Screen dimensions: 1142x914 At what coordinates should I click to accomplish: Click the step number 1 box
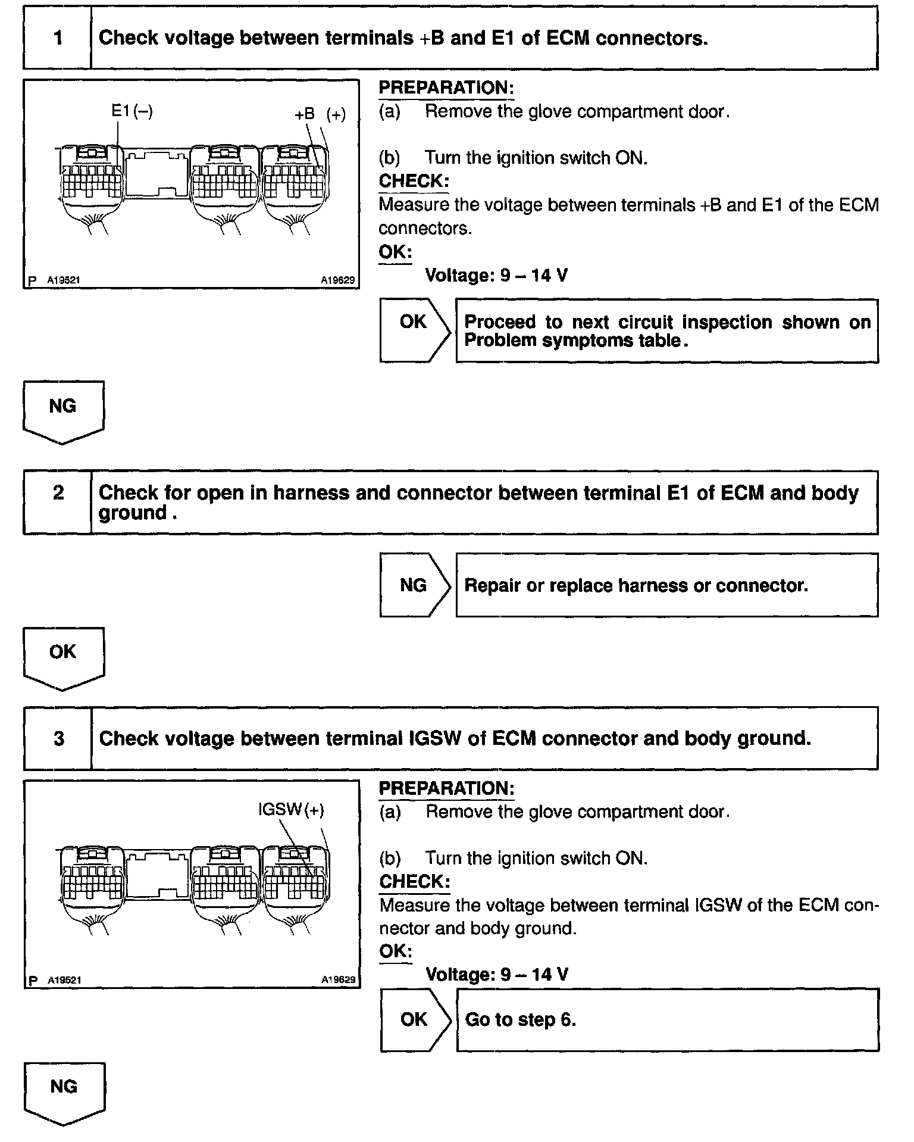[58, 38]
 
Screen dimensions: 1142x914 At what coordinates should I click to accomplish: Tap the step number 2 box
[58, 502]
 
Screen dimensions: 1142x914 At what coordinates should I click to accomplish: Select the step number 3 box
[58, 738]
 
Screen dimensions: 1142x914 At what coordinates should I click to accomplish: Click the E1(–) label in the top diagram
[132, 111]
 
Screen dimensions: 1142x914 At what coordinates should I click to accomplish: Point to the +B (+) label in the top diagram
[320, 114]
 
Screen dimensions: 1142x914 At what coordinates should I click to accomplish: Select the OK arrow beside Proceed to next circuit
[415, 330]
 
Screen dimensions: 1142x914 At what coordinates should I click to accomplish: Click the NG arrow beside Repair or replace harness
[415, 585]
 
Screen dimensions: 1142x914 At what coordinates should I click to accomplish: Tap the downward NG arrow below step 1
[63, 411]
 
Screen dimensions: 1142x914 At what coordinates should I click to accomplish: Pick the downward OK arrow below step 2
[63, 657]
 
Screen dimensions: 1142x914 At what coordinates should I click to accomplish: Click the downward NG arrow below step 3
[64, 1092]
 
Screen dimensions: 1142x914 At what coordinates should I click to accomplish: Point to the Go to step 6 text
[521, 1020]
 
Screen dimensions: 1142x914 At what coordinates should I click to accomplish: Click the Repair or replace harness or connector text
[636, 585]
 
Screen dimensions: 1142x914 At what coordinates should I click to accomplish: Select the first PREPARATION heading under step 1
[446, 88]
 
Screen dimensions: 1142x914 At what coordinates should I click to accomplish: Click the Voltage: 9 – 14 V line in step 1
[496, 276]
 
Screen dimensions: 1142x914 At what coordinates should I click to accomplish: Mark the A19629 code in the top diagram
[337, 280]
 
